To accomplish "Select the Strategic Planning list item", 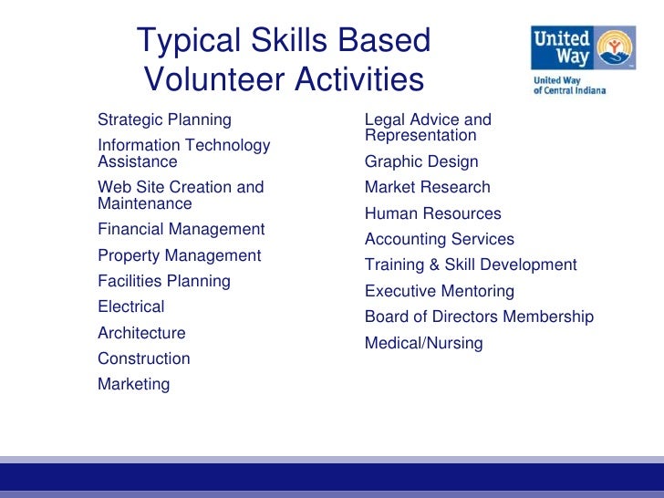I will (x=164, y=119).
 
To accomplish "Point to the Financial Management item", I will (x=181, y=230).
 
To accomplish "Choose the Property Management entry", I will (x=179, y=255).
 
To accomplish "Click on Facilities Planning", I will (x=164, y=281).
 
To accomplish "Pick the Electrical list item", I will (x=131, y=306).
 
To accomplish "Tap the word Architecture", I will (x=141, y=333).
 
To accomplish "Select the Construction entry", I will (x=144, y=358).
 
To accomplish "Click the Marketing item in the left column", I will (x=134, y=384).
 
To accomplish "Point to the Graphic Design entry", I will (x=421, y=161).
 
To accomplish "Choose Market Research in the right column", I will (x=428, y=187).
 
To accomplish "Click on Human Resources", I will (x=433, y=213).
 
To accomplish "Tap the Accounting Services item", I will (x=440, y=239).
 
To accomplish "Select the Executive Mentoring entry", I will (x=440, y=291).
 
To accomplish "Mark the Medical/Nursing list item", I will (x=424, y=343).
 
